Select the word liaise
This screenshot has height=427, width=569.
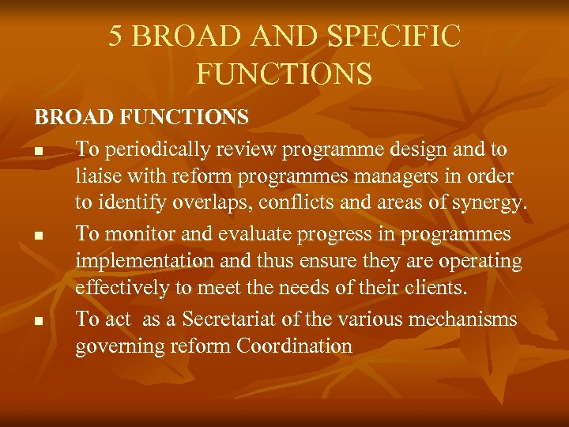pos(96,177)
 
